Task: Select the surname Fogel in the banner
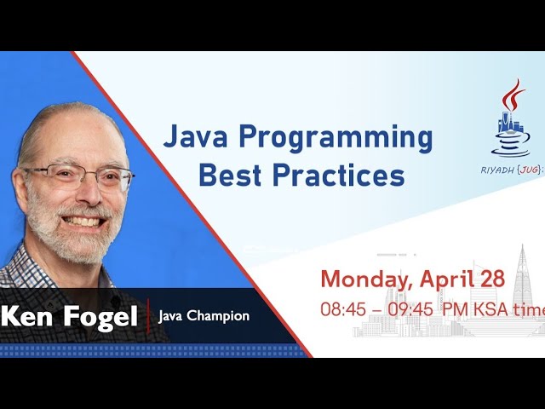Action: point(99,317)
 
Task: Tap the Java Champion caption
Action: point(204,316)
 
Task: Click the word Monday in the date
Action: point(368,279)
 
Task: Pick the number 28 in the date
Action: point(491,279)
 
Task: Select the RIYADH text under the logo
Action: point(499,169)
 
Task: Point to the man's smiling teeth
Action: point(83,221)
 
